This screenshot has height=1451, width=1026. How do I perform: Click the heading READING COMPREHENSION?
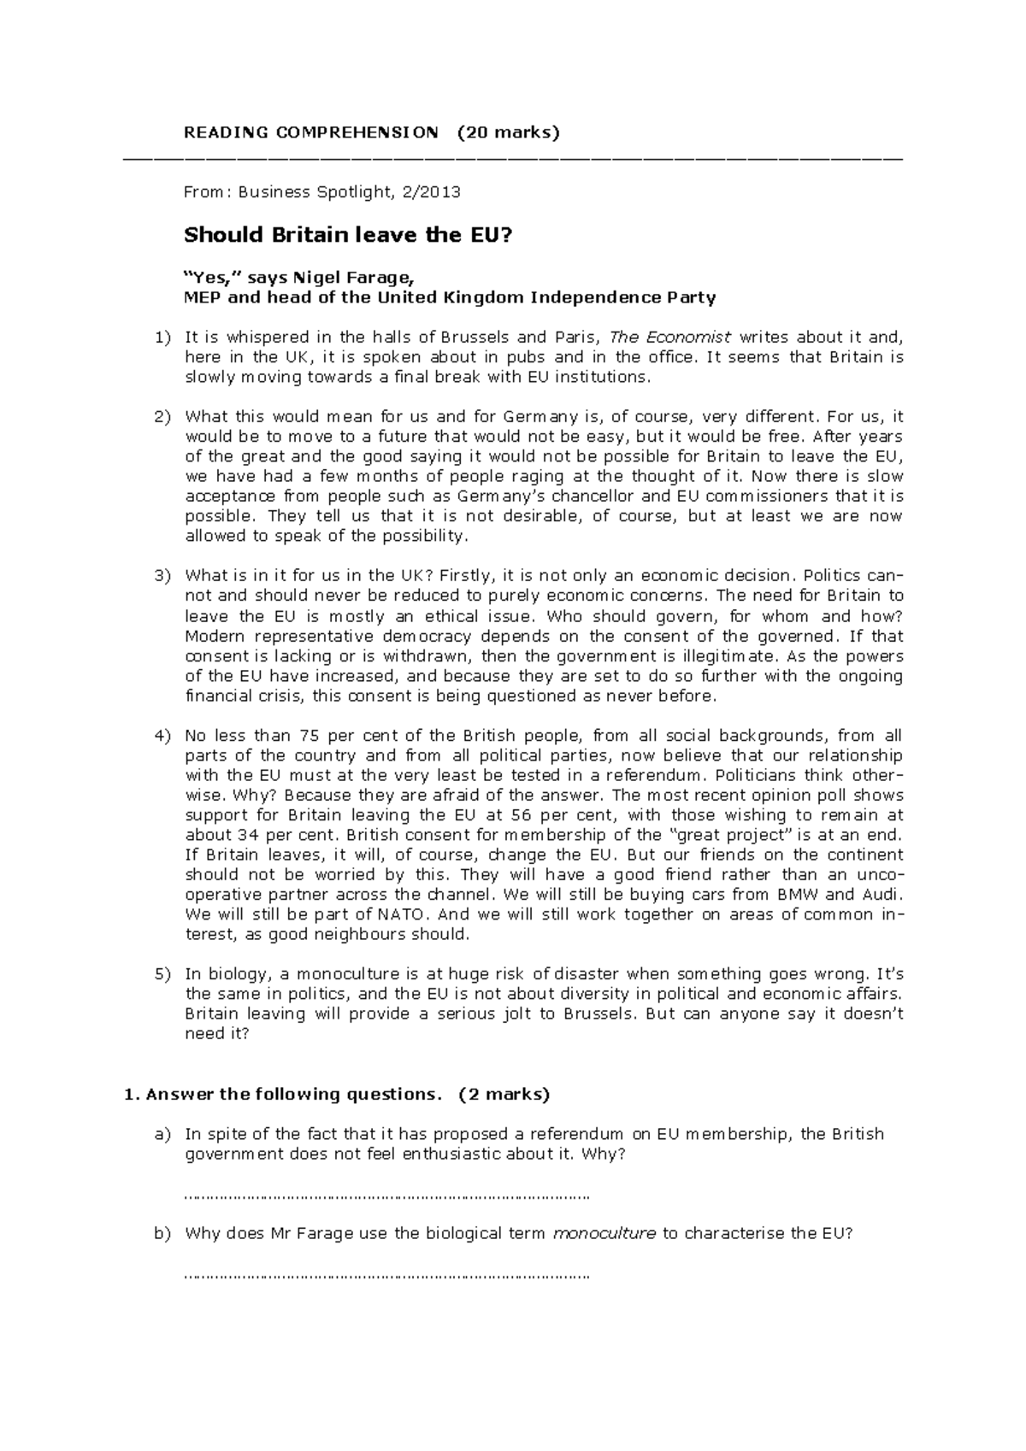[x=311, y=132]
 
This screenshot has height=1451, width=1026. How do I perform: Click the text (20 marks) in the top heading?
[x=508, y=132]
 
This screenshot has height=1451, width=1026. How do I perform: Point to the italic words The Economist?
[x=671, y=338]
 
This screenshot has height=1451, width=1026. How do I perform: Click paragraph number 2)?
[x=162, y=417]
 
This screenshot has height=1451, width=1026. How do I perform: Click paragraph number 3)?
[x=162, y=576]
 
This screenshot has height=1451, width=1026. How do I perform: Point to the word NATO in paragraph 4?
[x=405, y=914]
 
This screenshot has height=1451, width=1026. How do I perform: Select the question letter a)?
[x=162, y=1134]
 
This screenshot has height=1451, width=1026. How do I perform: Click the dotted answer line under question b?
[x=387, y=1278]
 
